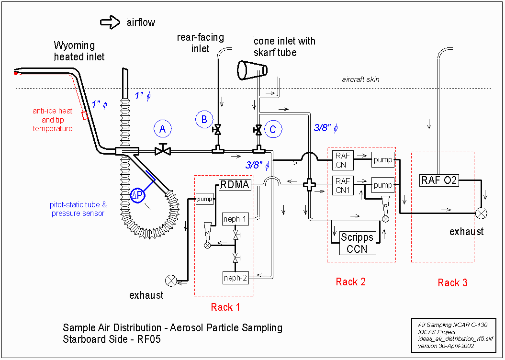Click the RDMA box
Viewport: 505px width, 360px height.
click(x=235, y=185)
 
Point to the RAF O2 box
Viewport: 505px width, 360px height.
click(x=439, y=180)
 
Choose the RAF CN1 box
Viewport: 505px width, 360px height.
click(x=343, y=185)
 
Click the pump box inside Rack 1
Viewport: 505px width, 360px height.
click(x=204, y=199)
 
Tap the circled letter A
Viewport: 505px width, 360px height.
click(x=163, y=129)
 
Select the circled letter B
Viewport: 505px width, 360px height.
click(x=204, y=120)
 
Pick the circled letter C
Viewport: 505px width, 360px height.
click(x=273, y=129)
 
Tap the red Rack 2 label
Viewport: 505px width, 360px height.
click(x=350, y=282)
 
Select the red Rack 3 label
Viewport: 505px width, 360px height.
click(x=452, y=283)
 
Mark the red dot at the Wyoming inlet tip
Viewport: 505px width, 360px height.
click(x=15, y=73)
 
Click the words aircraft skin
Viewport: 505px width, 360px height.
click(x=360, y=79)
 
